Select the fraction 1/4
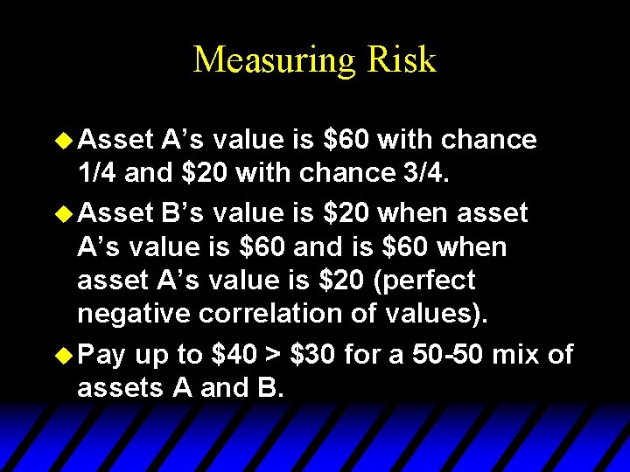(98, 174)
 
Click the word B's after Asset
(185, 212)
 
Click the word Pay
(102, 354)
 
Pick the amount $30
(313, 354)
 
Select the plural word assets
(119, 387)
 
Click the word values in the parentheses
(434, 313)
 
